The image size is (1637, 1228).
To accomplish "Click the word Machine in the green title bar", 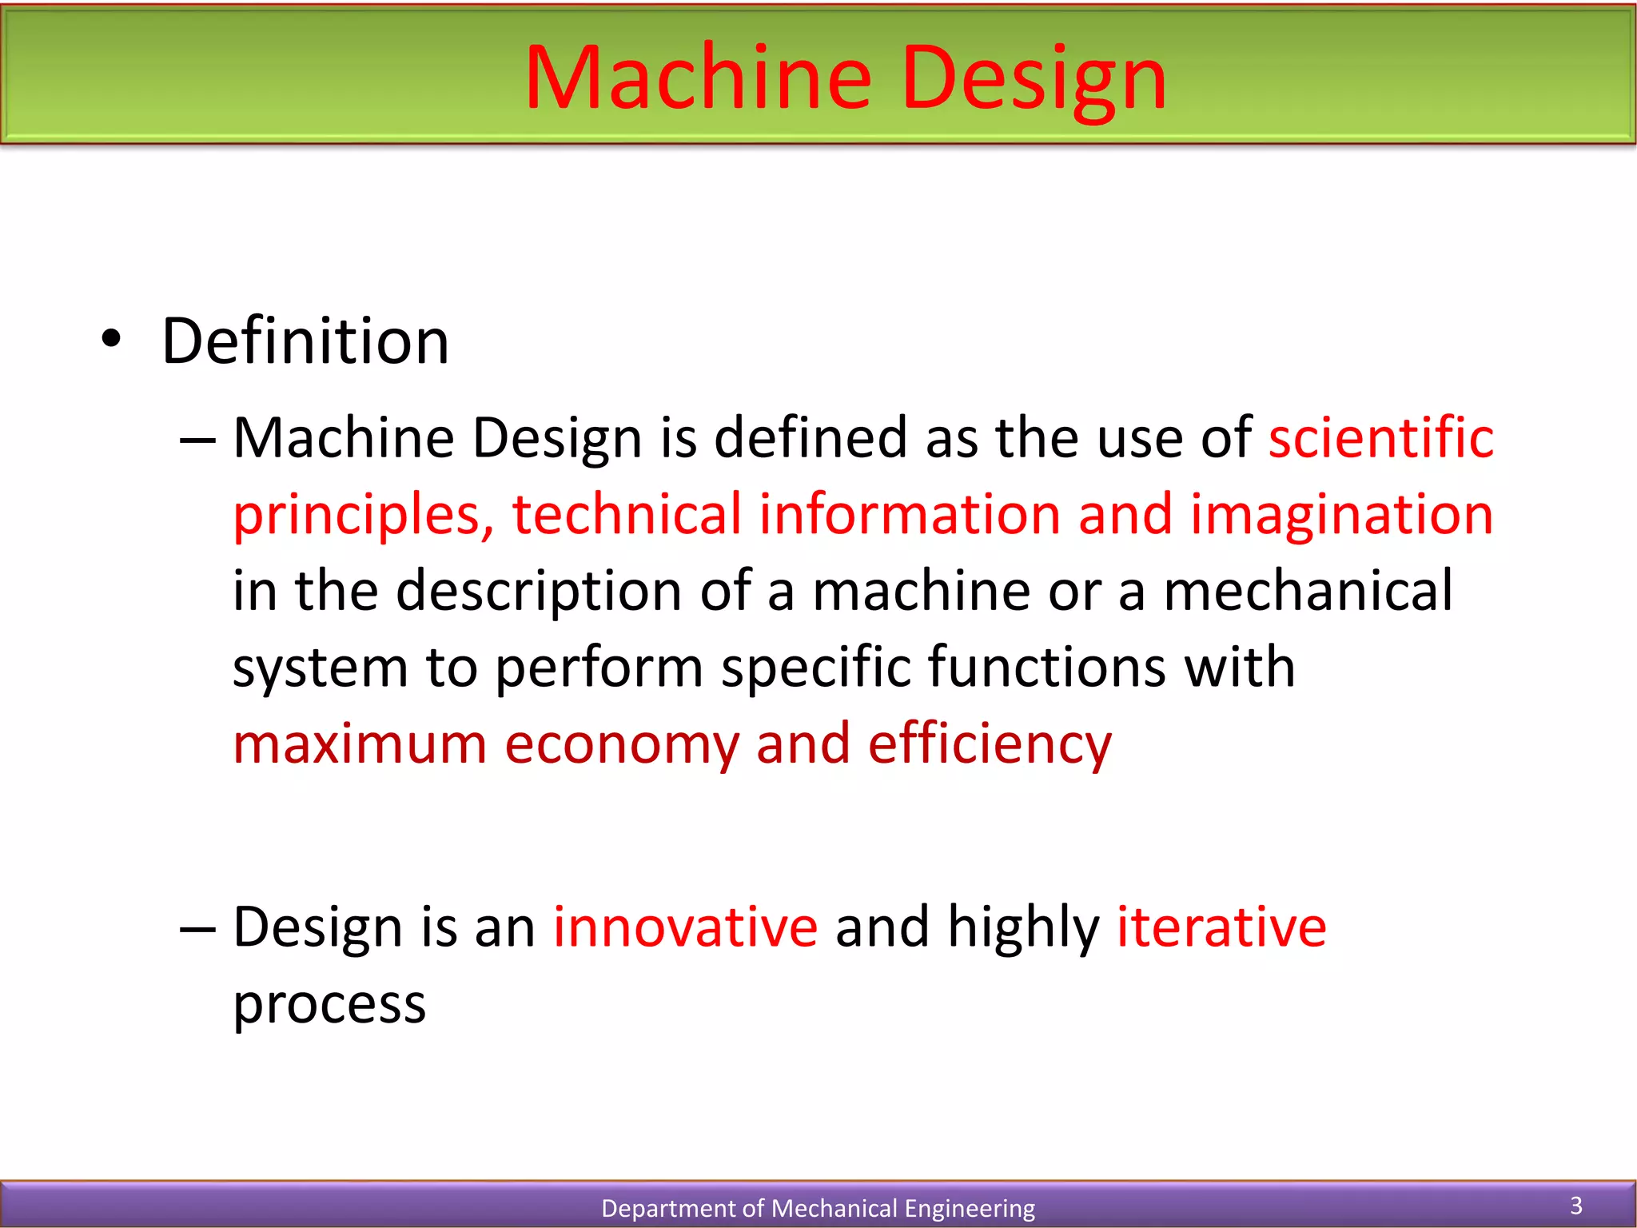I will click(x=697, y=78).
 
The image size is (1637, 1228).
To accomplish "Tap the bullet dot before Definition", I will click(x=111, y=341).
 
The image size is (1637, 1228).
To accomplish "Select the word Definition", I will click(x=305, y=341).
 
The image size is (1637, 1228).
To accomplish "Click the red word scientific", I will click(x=1380, y=438).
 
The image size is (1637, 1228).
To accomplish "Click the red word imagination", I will click(x=1341, y=516).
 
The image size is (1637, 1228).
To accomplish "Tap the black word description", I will click(x=539, y=592).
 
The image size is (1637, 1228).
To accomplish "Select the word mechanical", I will click(x=1308, y=591).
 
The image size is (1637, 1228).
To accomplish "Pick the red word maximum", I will click(x=360, y=744).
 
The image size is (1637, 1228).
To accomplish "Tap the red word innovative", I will click(x=685, y=927).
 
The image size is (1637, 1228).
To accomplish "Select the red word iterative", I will click(x=1221, y=927).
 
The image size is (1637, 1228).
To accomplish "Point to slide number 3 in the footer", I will click(x=1576, y=1205).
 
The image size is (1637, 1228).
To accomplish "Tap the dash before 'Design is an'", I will click(x=197, y=929).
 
